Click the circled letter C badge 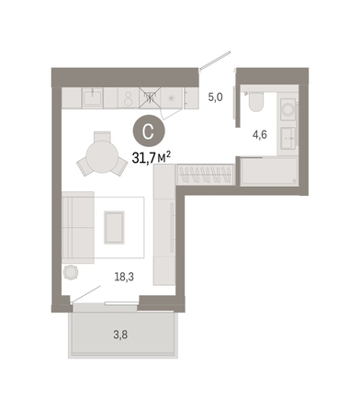click(x=149, y=131)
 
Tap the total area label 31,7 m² click(x=152, y=158)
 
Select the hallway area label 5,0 click(x=216, y=97)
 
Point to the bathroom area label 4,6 click(x=260, y=134)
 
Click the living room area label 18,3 click(x=124, y=277)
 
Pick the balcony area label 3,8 click(x=120, y=335)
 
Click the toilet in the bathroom click(x=255, y=101)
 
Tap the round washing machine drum click(x=288, y=109)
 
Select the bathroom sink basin click(x=288, y=138)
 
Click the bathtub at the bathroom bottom click(x=269, y=171)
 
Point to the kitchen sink click(x=93, y=97)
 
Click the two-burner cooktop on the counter click(x=129, y=98)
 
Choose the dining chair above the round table click(x=102, y=136)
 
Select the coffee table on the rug click(x=114, y=227)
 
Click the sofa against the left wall click(x=78, y=227)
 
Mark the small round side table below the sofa click(x=71, y=272)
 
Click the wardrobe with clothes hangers click(x=206, y=175)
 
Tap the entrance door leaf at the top click(x=215, y=61)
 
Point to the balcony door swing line click(x=86, y=294)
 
